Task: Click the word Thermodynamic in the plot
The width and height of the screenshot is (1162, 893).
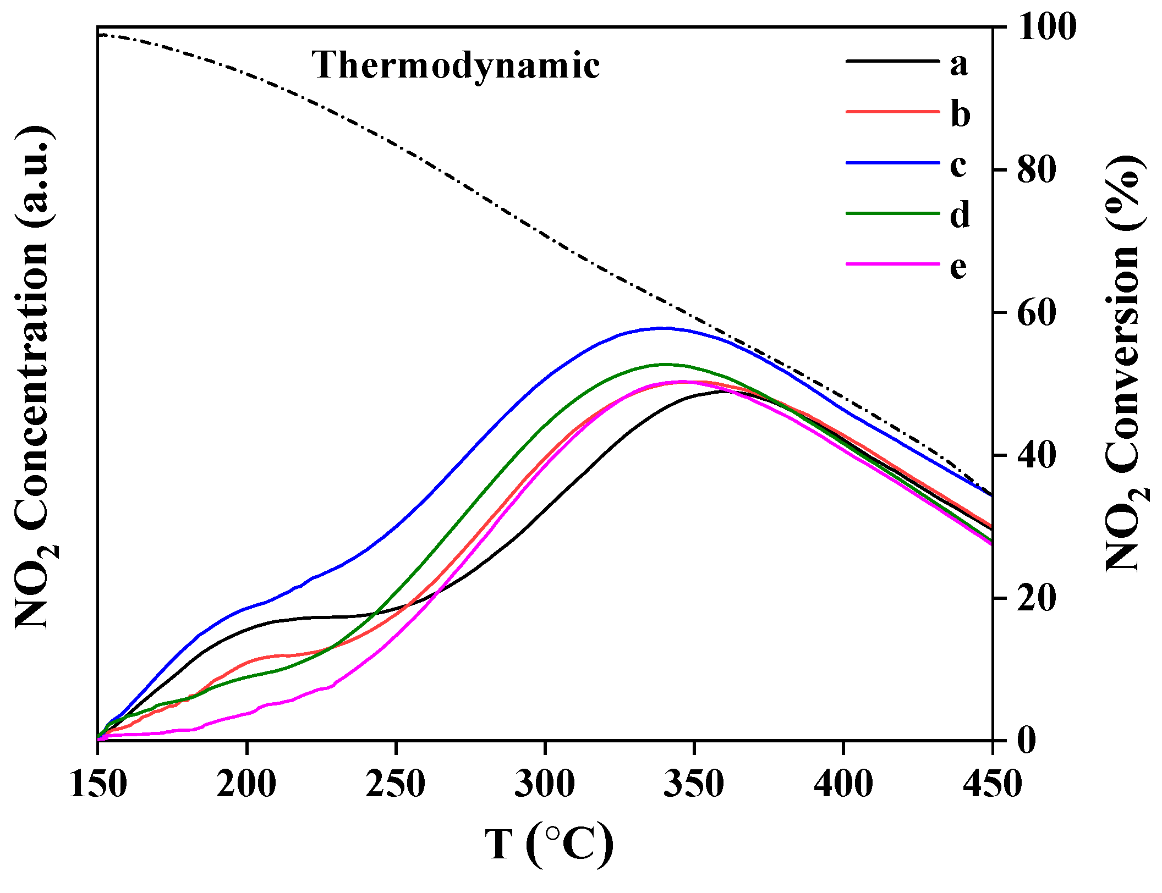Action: click(x=456, y=65)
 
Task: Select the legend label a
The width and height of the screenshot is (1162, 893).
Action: click(x=958, y=64)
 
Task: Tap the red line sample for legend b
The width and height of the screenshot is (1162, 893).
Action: click(x=892, y=112)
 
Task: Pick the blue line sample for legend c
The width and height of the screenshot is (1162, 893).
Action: click(x=892, y=163)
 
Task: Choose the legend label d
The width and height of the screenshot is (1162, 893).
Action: click(x=960, y=214)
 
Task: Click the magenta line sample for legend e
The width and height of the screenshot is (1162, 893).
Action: click(x=892, y=264)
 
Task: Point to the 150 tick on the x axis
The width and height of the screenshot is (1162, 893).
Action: click(x=98, y=784)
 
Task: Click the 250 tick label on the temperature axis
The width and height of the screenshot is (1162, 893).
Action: click(x=396, y=784)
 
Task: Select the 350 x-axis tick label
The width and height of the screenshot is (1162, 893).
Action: click(x=694, y=784)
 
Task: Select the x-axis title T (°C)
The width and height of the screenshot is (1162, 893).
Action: click(x=549, y=844)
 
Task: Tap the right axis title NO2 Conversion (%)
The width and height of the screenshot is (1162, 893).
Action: click(x=1126, y=363)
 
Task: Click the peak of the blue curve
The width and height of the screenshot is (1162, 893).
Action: click(x=664, y=328)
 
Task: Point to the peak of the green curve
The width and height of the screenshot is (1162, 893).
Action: click(x=667, y=364)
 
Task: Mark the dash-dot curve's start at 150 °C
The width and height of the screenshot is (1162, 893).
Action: click(x=100, y=35)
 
